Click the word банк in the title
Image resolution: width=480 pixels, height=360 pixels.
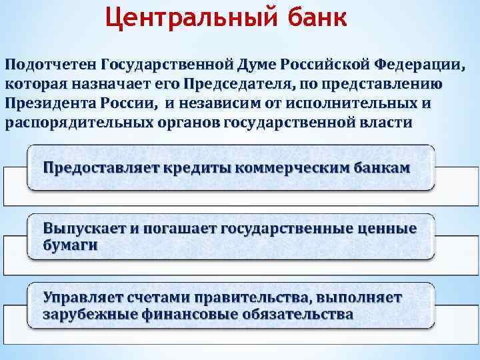pos(318,18)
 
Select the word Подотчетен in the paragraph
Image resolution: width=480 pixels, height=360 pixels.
pos(51,65)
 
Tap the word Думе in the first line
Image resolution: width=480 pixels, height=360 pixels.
pos(255,65)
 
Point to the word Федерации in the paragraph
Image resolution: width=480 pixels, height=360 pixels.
pos(419,65)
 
